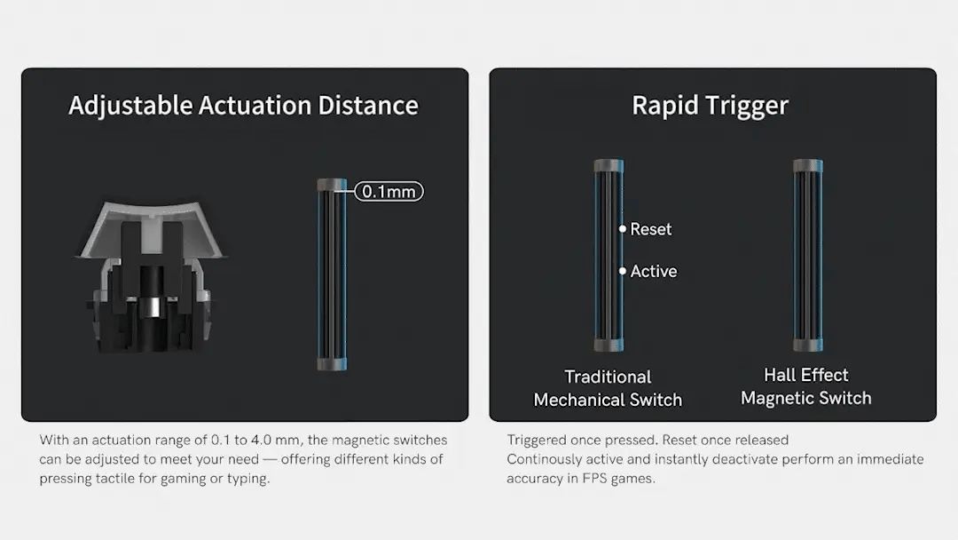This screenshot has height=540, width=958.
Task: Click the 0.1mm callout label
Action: [389, 192]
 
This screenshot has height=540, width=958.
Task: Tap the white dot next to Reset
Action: [622, 229]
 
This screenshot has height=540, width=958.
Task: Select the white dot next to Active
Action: [622, 271]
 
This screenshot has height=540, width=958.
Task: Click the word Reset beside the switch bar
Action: [651, 229]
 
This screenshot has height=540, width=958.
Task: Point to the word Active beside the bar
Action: [654, 272]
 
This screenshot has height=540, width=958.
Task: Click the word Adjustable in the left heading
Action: [130, 106]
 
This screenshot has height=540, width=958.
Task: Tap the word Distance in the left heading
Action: [368, 105]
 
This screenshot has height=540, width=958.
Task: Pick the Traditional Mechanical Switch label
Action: [608, 388]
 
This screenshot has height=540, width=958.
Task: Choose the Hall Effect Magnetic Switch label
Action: [805, 386]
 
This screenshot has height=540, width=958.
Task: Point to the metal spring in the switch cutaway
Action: [152, 306]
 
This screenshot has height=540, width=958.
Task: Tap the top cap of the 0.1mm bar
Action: [332, 185]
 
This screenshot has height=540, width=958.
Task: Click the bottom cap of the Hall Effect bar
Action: [808, 345]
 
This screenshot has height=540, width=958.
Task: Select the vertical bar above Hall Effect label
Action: [808, 255]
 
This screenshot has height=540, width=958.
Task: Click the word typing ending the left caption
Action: [248, 479]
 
